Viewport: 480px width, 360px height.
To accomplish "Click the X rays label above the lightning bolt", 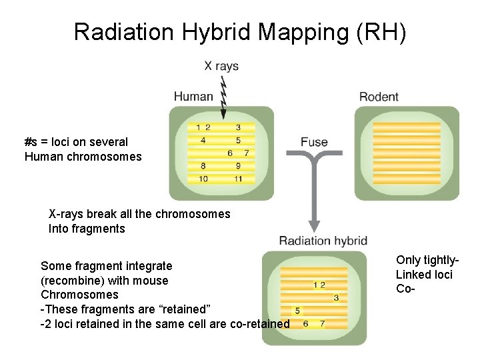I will pyautogui.click(x=221, y=66).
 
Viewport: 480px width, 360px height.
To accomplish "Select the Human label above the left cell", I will pyautogui.click(x=193, y=97).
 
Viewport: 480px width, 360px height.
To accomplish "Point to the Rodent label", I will pyautogui.click(x=379, y=97).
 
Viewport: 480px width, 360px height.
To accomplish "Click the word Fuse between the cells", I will pyautogui.click(x=314, y=142).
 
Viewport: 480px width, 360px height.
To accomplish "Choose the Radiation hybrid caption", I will pyautogui.click(x=323, y=241).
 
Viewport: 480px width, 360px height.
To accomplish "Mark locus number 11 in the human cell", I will pyautogui.click(x=238, y=179).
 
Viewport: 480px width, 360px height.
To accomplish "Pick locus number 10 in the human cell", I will pyautogui.click(x=203, y=179).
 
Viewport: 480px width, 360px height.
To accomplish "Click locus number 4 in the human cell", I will pyautogui.click(x=203, y=141).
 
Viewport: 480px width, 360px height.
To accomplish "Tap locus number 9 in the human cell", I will pyautogui.click(x=238, y=166).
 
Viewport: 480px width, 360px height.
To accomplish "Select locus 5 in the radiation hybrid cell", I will pyautogui.click(x=297, y=311).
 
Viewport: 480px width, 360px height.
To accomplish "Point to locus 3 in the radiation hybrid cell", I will pyautogui.click(x=336, y=297).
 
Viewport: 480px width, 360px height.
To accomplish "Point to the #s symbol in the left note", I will pyautogui.click(x=31, y=142).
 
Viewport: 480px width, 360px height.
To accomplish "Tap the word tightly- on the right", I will pyautogui.click(x=442, y=260).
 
